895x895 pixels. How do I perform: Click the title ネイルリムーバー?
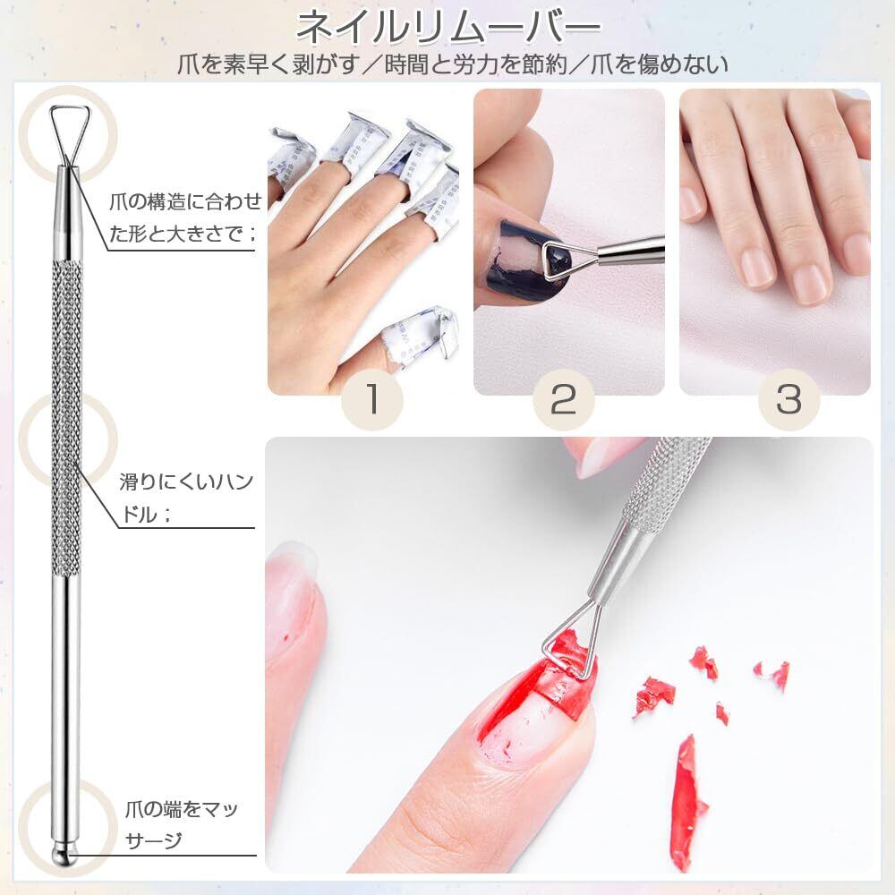click(x=448, y=28)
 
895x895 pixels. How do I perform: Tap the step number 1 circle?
click(x=372, y=399)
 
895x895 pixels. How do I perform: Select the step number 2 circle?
click(x=563, y=399)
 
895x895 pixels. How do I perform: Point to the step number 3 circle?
click(x=788, y=399)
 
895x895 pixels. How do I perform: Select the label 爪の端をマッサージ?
click(x=182, y=825)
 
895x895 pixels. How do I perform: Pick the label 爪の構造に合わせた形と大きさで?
click(x=185, y=217)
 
